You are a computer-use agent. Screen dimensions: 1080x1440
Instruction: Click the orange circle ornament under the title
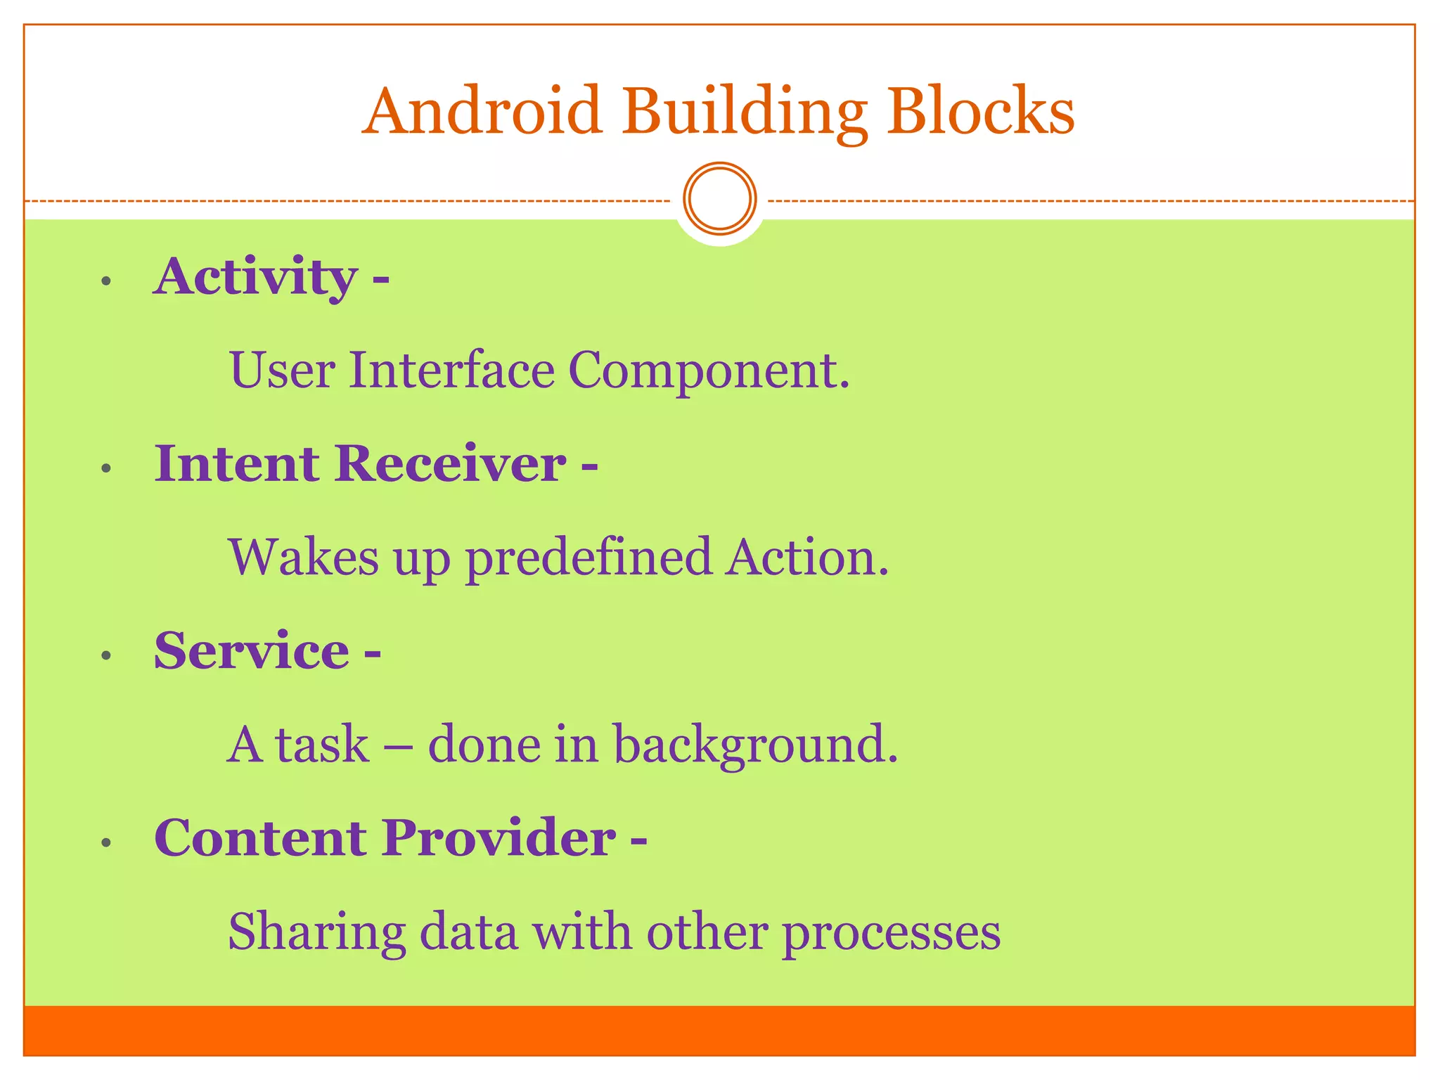pos(719,199)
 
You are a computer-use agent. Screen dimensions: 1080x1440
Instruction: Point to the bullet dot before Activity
pos(106,282)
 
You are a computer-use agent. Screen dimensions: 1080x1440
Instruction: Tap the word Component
pos(709,371)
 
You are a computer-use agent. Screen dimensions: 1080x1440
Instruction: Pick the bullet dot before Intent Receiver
pos(106,468)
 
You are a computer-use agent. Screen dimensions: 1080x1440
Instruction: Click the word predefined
pos(589,558)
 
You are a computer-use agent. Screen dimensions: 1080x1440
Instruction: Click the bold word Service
pos(252,651)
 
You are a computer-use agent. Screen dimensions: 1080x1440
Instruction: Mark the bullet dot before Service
pos(106,656)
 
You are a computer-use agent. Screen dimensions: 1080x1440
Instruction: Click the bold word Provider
pos(499,838)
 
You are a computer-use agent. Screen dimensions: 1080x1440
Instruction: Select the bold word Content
pos(260,838)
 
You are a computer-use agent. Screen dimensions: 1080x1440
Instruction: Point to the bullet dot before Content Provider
pos(106,842)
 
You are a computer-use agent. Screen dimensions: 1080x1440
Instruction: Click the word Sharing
pos(317,932)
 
